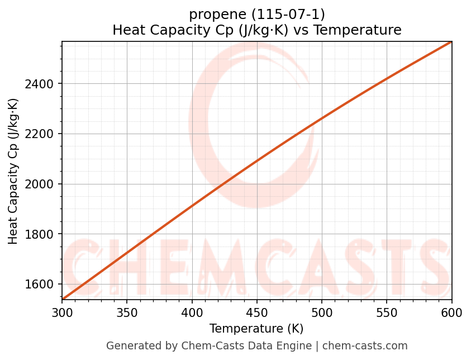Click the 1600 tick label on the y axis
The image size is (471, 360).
click(x=42, y=285)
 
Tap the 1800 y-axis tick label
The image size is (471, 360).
click(x=42, y=234)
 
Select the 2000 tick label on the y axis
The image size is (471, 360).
click(x=42, y=184)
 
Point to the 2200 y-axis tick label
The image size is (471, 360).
click(x=42, y=134)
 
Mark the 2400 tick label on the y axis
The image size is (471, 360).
click(x=42, y=84)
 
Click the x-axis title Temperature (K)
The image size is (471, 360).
click(x=256, y=329)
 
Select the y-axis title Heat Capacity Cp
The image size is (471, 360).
click(x=13, y=171)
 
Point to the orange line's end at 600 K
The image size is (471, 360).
click(x=451, y=42)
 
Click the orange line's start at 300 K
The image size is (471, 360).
click(x=63, y=299)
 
